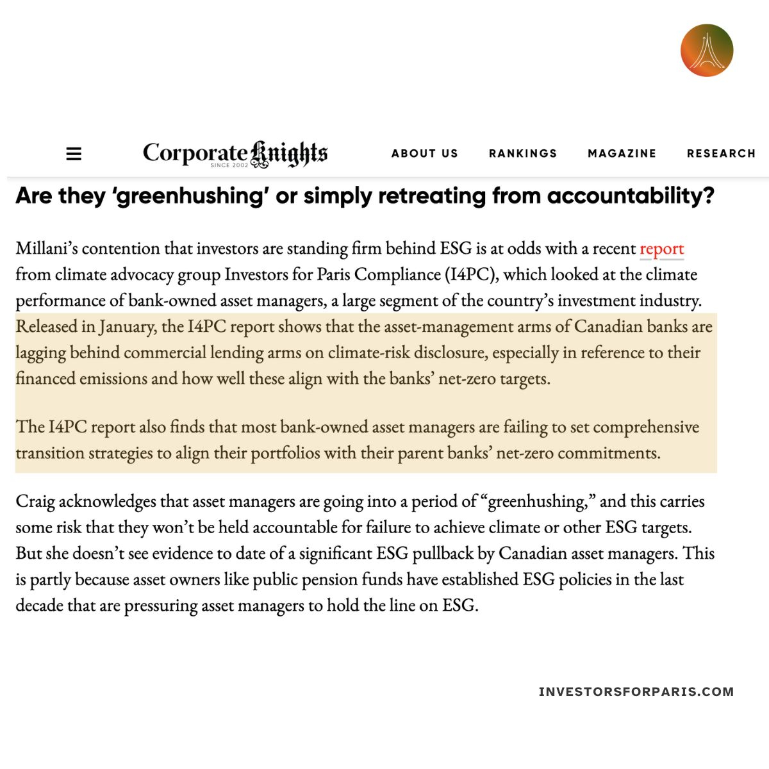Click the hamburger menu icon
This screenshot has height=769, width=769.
click(74, 154)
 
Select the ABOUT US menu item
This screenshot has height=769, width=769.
click(424, 154)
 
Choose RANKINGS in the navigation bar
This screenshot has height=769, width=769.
click(522, 154)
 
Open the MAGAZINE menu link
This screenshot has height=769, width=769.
click(622, 154)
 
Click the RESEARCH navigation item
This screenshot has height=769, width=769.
click(721, 154)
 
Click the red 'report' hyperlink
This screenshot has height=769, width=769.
click(661, 249)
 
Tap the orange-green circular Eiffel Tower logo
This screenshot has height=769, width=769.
click(706, 51)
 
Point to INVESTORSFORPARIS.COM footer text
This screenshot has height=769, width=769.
click(636, 691)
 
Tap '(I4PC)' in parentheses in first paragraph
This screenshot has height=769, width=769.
click(471, 275)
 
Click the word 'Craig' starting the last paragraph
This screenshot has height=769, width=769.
click(35, 501)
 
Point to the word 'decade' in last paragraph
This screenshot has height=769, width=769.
click(37, 606)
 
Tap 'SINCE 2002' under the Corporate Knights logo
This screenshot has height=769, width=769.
click(229, 165)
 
